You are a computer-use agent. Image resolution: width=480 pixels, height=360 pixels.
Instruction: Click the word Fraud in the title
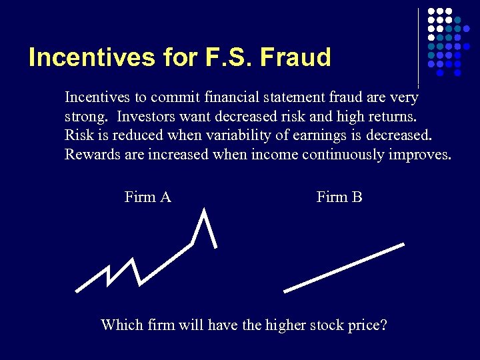pos(295,58)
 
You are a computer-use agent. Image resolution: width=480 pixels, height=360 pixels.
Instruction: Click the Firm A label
pos(147,197)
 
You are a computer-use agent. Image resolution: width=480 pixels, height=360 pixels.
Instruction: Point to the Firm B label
pos(339,197)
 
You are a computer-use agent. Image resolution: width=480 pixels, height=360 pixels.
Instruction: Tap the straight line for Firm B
pos(343,268)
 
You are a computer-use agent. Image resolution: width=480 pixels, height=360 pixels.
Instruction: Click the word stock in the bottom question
pos(320,325)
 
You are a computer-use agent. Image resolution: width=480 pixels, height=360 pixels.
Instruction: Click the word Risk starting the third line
pos(77,136)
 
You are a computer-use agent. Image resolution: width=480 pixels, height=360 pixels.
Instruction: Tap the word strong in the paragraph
pos(85,117)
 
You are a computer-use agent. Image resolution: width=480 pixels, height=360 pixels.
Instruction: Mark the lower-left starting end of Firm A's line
pos(78,290)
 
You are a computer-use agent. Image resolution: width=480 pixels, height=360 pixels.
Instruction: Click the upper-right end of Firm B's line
pos(402,245)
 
